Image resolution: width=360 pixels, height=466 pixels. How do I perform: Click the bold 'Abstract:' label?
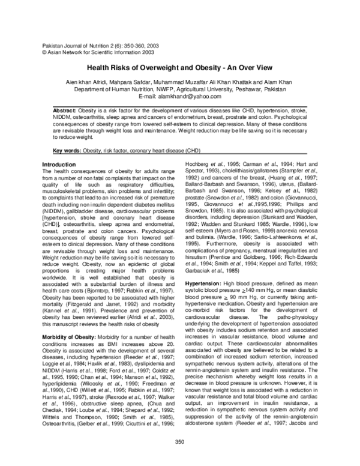click(x=65, y=112)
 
